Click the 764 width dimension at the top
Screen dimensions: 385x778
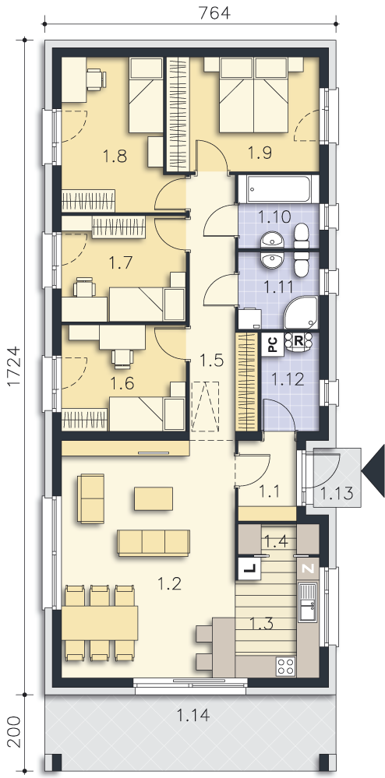tap(214, 12)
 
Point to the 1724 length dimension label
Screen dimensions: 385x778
tap(16, 367)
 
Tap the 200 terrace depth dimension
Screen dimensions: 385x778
tap(16, 731)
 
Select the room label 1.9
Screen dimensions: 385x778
tap(260, 153)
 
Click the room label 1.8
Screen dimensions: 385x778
tap(115, 157)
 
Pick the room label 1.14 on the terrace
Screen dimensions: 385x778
tap(193, 715)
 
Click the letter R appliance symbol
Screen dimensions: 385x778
tap(298, 342)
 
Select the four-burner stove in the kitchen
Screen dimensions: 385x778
tap(286, 665)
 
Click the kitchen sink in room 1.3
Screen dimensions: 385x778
tap(308, 602)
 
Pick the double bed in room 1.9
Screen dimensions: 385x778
tap(253, 94)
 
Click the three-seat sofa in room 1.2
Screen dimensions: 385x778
tap(154, 543)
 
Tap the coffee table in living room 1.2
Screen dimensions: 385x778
tap(154, 498)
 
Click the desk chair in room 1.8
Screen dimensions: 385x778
tap(95, 79)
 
